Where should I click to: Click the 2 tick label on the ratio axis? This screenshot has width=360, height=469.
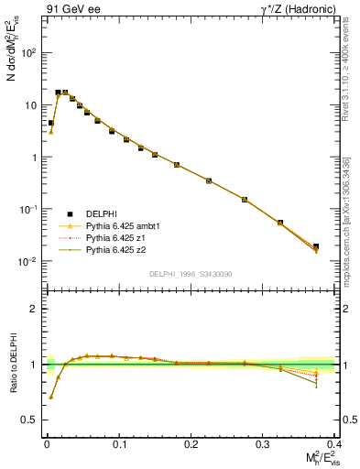[x=34, y=309]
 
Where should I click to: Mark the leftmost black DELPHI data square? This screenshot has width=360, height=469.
[x=50, y=123]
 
